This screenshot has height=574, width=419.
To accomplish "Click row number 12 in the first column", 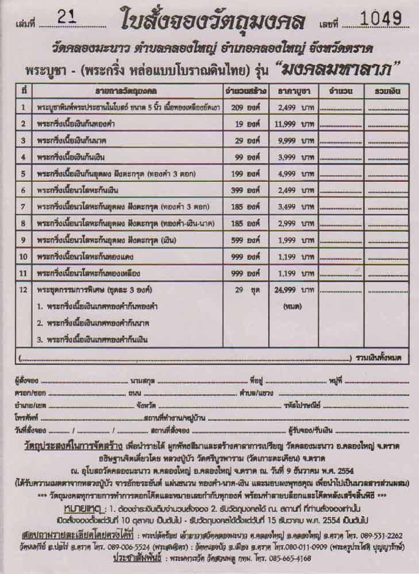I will click(24, 290).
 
